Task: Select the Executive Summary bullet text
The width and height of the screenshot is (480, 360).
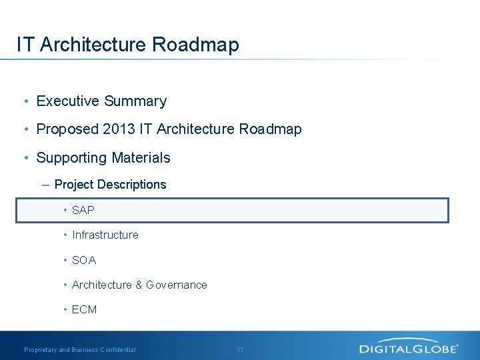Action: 101,101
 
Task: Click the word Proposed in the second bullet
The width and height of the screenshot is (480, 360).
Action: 67,129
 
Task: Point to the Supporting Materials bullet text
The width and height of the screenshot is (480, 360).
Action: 103,158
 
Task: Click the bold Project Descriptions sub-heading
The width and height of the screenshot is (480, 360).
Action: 110,185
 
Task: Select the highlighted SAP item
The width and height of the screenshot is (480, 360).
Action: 83,210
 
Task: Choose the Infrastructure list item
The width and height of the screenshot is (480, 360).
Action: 105,235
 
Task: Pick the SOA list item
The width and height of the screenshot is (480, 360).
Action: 84,260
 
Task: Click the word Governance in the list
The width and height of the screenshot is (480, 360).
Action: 177,285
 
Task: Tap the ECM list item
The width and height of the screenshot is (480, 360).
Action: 85,309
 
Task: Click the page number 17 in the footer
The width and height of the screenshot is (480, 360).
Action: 241,349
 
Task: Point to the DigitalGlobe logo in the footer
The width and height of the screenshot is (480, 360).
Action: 409,347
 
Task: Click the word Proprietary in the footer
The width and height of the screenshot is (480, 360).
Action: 41,349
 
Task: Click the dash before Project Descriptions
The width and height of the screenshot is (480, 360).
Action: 45,185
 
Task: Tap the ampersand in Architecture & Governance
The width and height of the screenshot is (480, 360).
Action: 139,285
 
